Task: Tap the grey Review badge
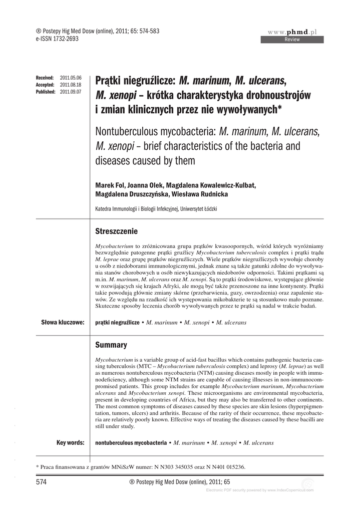(x=292, y=40)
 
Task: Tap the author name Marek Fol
(x=111, y=185)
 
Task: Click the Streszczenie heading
(x=116, y=231)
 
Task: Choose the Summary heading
(x=111, y=345)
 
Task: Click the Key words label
(x=70, y=442)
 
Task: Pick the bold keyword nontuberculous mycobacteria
(x=131, y=443)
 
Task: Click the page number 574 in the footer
(x=42, y=482)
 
